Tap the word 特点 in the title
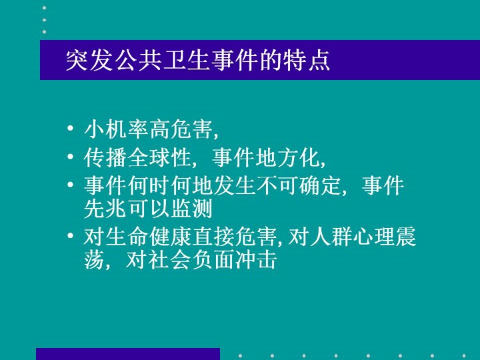(307, 60)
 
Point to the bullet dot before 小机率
(71, 127)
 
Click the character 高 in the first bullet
(159, 129)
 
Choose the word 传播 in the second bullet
(105, 157)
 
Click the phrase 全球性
(159, 157)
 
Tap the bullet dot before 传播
(71, 157)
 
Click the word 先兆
(105, 209)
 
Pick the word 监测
(191, 209)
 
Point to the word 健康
(170, 237)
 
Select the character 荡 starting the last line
(94, 260)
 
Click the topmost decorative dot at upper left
(45, 8)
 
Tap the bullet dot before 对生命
(71, 235)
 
